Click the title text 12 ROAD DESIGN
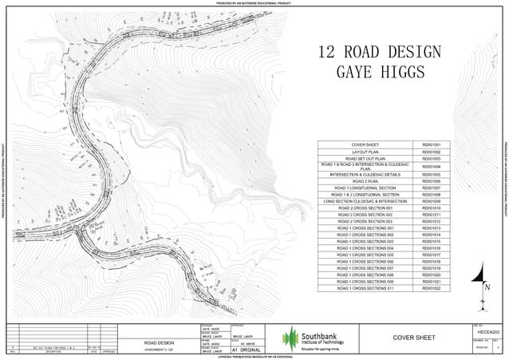[379, 53]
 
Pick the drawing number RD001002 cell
[431, 151]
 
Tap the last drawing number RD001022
[431, 287]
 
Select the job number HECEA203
[487, 331]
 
